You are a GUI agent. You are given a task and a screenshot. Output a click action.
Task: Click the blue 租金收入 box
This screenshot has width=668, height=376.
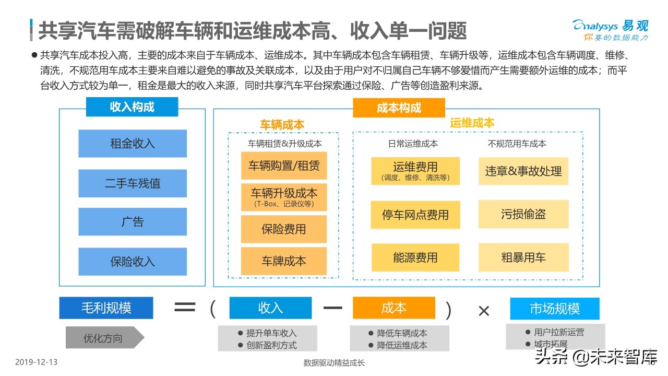pos(133,144)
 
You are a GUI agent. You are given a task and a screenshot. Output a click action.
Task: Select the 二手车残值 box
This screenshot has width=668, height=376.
pos(133,183)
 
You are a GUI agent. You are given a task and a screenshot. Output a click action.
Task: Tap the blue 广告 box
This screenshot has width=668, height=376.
pos(133,222)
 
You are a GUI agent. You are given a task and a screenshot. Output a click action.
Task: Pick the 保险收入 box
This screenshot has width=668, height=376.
pos(133,262)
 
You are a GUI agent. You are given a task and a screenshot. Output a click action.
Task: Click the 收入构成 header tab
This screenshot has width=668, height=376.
pos(132,107)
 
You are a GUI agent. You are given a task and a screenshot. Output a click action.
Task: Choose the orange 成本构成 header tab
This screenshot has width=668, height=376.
pos(399,108)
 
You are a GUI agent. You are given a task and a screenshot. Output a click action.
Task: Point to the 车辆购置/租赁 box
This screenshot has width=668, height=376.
pos(284,166)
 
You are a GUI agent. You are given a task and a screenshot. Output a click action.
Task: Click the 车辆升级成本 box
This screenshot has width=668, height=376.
pos(284,197)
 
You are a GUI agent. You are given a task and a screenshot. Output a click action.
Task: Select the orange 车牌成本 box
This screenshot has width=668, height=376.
pos(284,261)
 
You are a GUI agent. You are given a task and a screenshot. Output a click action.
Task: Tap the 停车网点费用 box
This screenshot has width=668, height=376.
pos(415,215)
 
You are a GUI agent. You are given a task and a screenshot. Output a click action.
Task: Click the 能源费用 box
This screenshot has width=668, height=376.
pos(415,257)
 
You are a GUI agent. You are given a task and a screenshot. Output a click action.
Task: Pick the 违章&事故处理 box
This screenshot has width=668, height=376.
pos(523,171)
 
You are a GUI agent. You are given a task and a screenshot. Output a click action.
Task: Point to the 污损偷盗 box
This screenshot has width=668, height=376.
pos(523,214)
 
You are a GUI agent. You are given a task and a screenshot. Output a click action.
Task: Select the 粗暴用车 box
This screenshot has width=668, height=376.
pos(523,257)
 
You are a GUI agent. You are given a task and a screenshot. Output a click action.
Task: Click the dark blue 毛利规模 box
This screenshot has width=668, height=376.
pos(106,308)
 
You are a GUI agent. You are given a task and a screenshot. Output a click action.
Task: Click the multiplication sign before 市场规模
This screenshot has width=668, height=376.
pos(484,311)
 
